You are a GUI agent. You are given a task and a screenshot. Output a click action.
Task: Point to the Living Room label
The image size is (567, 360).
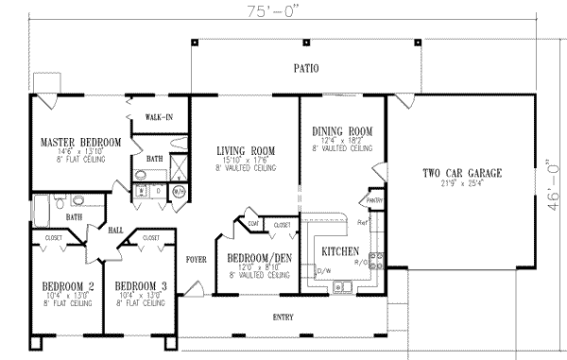click(245, 150)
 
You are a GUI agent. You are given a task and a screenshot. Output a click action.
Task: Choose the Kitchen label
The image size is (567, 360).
click(338, 252)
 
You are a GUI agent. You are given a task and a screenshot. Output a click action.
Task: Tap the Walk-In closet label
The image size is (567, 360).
click(159, 117)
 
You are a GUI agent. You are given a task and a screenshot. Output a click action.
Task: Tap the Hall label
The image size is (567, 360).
click(115, 230)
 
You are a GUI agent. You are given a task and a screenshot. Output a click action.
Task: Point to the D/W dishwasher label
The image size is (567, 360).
click(323, 272)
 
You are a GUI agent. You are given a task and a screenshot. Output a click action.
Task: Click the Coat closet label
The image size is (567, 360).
click(254, 223)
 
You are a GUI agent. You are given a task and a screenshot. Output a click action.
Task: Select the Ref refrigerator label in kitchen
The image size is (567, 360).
click(363, 222)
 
